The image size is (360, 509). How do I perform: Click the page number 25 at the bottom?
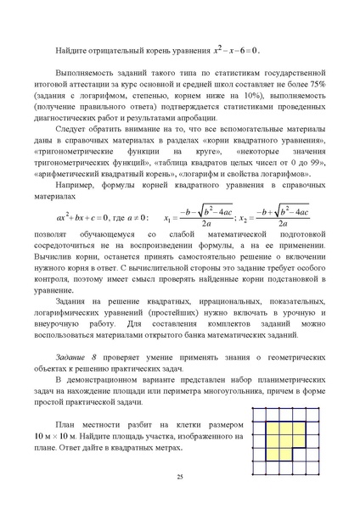tap(180, 478)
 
